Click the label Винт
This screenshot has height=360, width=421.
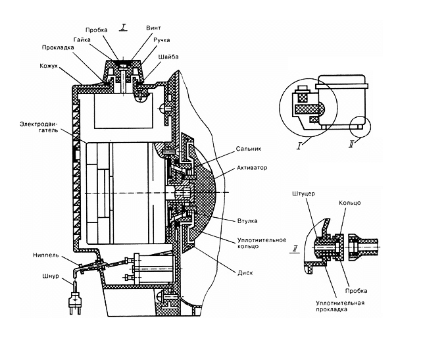pos(153,28)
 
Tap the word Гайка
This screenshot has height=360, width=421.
pos(82,39)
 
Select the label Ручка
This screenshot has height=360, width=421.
pos(162,40)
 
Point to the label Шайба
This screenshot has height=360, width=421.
pos(168,57)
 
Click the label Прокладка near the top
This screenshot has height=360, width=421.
pos(58,47)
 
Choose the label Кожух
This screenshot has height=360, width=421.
pos(49,66)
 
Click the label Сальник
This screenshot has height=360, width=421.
pos(249,149)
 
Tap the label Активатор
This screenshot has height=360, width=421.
pos(252,168)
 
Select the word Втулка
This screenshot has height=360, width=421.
pos(247,221)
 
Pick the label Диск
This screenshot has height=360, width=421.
pos(245,273)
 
